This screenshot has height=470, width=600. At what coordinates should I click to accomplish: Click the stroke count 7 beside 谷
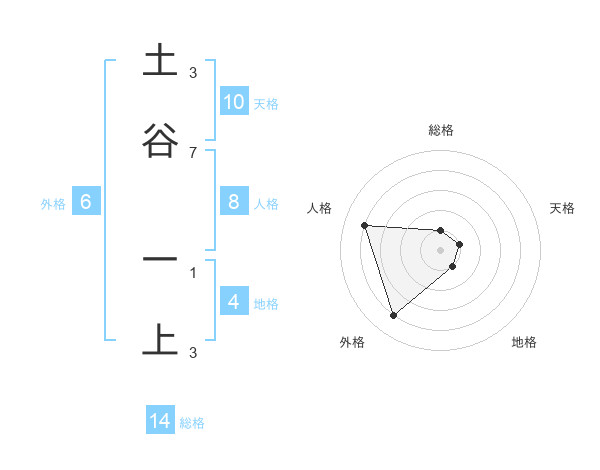(x=193, y=152)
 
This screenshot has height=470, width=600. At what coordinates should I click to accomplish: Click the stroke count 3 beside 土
(x=193, y=72)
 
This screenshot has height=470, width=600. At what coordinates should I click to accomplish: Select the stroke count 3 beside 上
(x=193, y=352)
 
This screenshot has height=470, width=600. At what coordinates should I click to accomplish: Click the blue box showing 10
(x=234, y=102)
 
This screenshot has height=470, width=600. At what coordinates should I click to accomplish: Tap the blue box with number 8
(x=234, y=202)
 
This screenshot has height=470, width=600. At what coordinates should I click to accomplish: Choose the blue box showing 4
(x=234, y=302)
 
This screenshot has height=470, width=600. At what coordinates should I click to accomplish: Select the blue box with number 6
(x=86, y=202)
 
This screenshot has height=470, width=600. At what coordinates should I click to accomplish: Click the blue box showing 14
(x=160, y=422)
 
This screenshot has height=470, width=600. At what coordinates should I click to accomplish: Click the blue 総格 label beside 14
(x=192, y=423)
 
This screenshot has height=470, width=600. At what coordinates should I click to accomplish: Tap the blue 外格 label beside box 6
(x=53, y=203)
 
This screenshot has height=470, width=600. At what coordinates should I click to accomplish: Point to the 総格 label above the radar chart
(x=441, y=130)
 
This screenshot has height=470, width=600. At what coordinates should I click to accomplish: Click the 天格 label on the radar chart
(x=562, y=208)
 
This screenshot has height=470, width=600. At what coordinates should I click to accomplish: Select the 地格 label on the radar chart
(x=524, y=342)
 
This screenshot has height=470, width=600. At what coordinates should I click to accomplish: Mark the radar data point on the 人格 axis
(x=365, y=225)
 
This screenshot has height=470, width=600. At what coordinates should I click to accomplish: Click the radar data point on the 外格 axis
(x=393, y=316)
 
